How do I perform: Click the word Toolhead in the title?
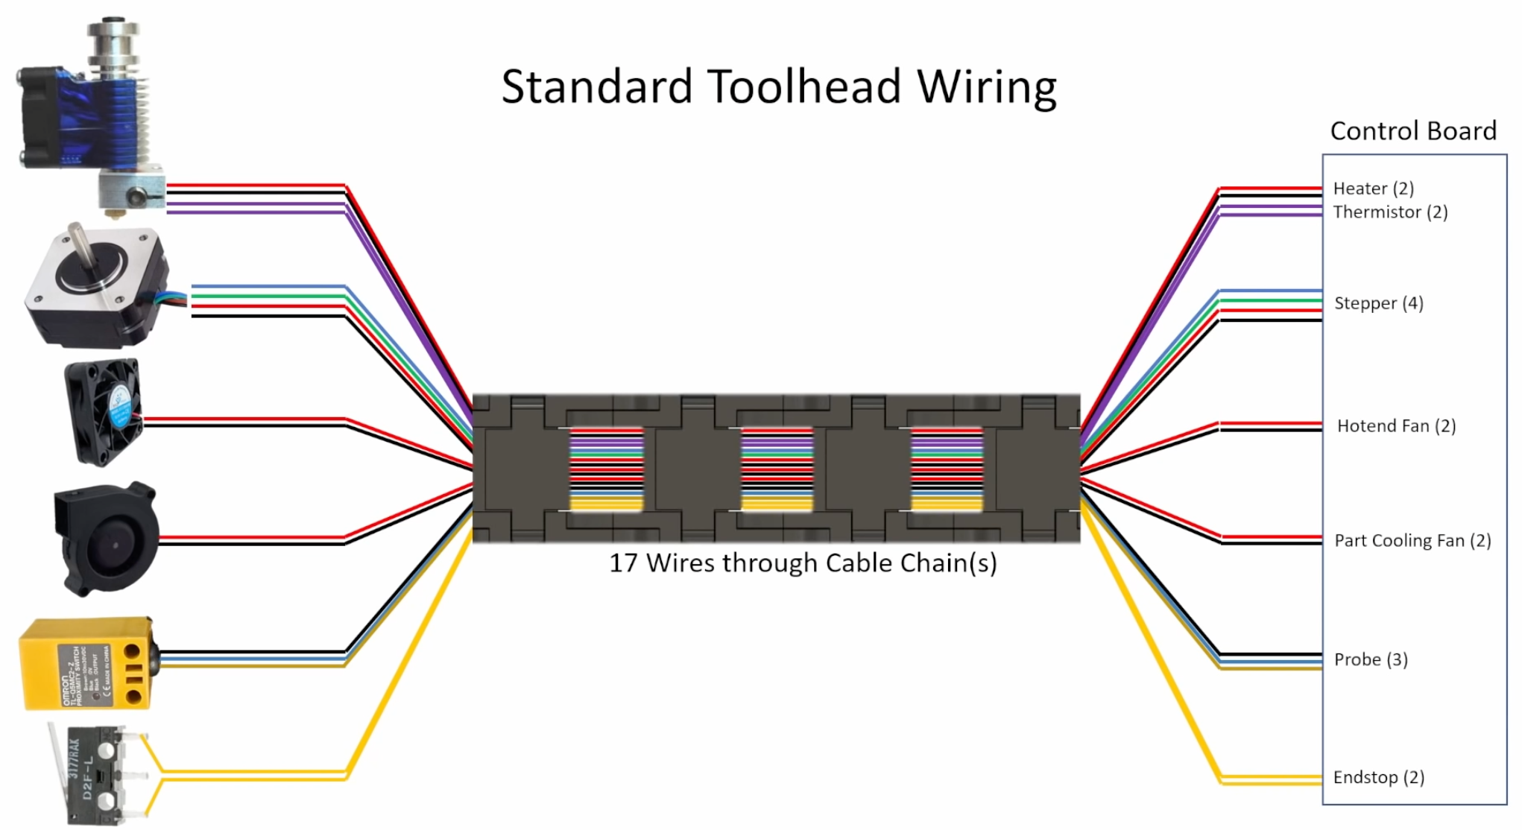pyautogui.click(x=804, y=86)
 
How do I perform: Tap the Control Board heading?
pyautogui.click(x=1412, y=131)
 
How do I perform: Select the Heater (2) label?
pyautogui.click(x=1373, y=189)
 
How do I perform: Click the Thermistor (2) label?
pyautogui.click(x=1390, y=212)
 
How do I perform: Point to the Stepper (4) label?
pyautogui.click(x=1378, y=303)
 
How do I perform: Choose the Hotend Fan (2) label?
pyautogui.click(x=1396, y=426)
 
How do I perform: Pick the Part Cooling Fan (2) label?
pyautogui.click(x=1412, y=541)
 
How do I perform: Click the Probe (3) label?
pyautogui.click(x=1371, y=659)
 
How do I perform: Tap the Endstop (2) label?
pyautogui.click(x=1378, y=778)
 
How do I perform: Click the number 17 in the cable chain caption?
pyautogui.click(x=623, y=563)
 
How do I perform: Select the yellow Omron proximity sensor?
pyautogui.click(x=86, y=663)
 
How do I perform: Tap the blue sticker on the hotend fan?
pyautogui.click(x=119, y=409)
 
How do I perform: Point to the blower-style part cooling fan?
pyautogui.click(x=107, y=539)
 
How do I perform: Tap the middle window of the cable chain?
pyautogui.click(x=777, y=469)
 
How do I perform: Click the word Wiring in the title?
pyautogui.click(x=986, y=86)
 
